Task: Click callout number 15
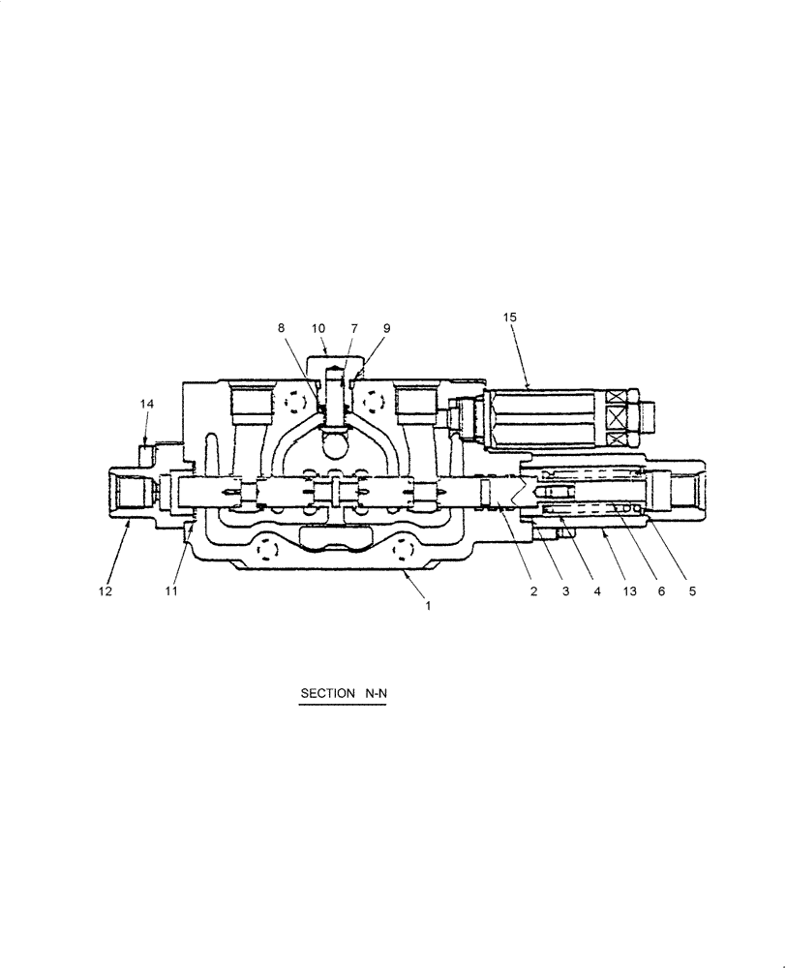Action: point(510,318)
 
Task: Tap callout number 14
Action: point(146,404)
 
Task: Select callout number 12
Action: point(106,591)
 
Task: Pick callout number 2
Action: point(532,591)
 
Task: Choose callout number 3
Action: point(564,591)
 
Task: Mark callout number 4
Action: point(596,591)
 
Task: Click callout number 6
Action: point(661,591)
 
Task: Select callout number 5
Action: point(693,591)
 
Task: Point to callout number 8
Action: point(282,328)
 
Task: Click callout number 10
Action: point(318,328)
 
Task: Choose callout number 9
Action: point(386,328)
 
